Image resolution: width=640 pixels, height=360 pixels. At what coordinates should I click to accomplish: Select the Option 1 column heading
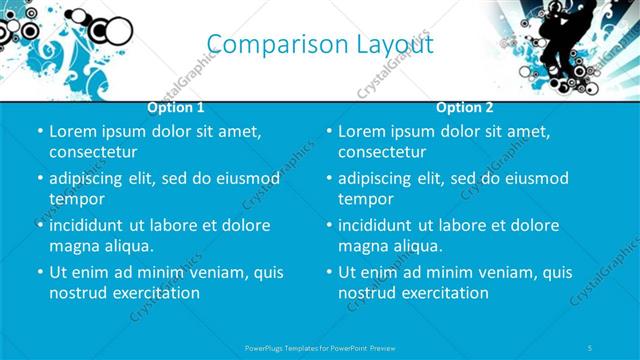pos(176,107)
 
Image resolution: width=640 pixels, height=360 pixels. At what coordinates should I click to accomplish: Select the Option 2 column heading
pos(465,107)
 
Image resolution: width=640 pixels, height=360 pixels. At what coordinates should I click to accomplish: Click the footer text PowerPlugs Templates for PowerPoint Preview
pos(319,347)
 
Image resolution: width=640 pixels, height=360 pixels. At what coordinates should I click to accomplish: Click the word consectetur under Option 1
pos(93,153)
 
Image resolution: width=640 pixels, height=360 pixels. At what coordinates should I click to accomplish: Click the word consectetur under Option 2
pos(383,153)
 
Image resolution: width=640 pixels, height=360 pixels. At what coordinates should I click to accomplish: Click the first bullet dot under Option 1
pos(40,132)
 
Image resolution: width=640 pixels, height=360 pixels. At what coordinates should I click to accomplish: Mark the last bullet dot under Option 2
pos(329,272)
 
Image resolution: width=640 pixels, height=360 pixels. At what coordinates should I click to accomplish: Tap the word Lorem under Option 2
pos(361,131)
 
